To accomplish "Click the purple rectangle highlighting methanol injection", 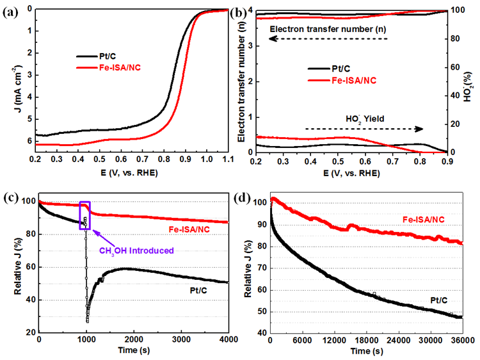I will (85, 215).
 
